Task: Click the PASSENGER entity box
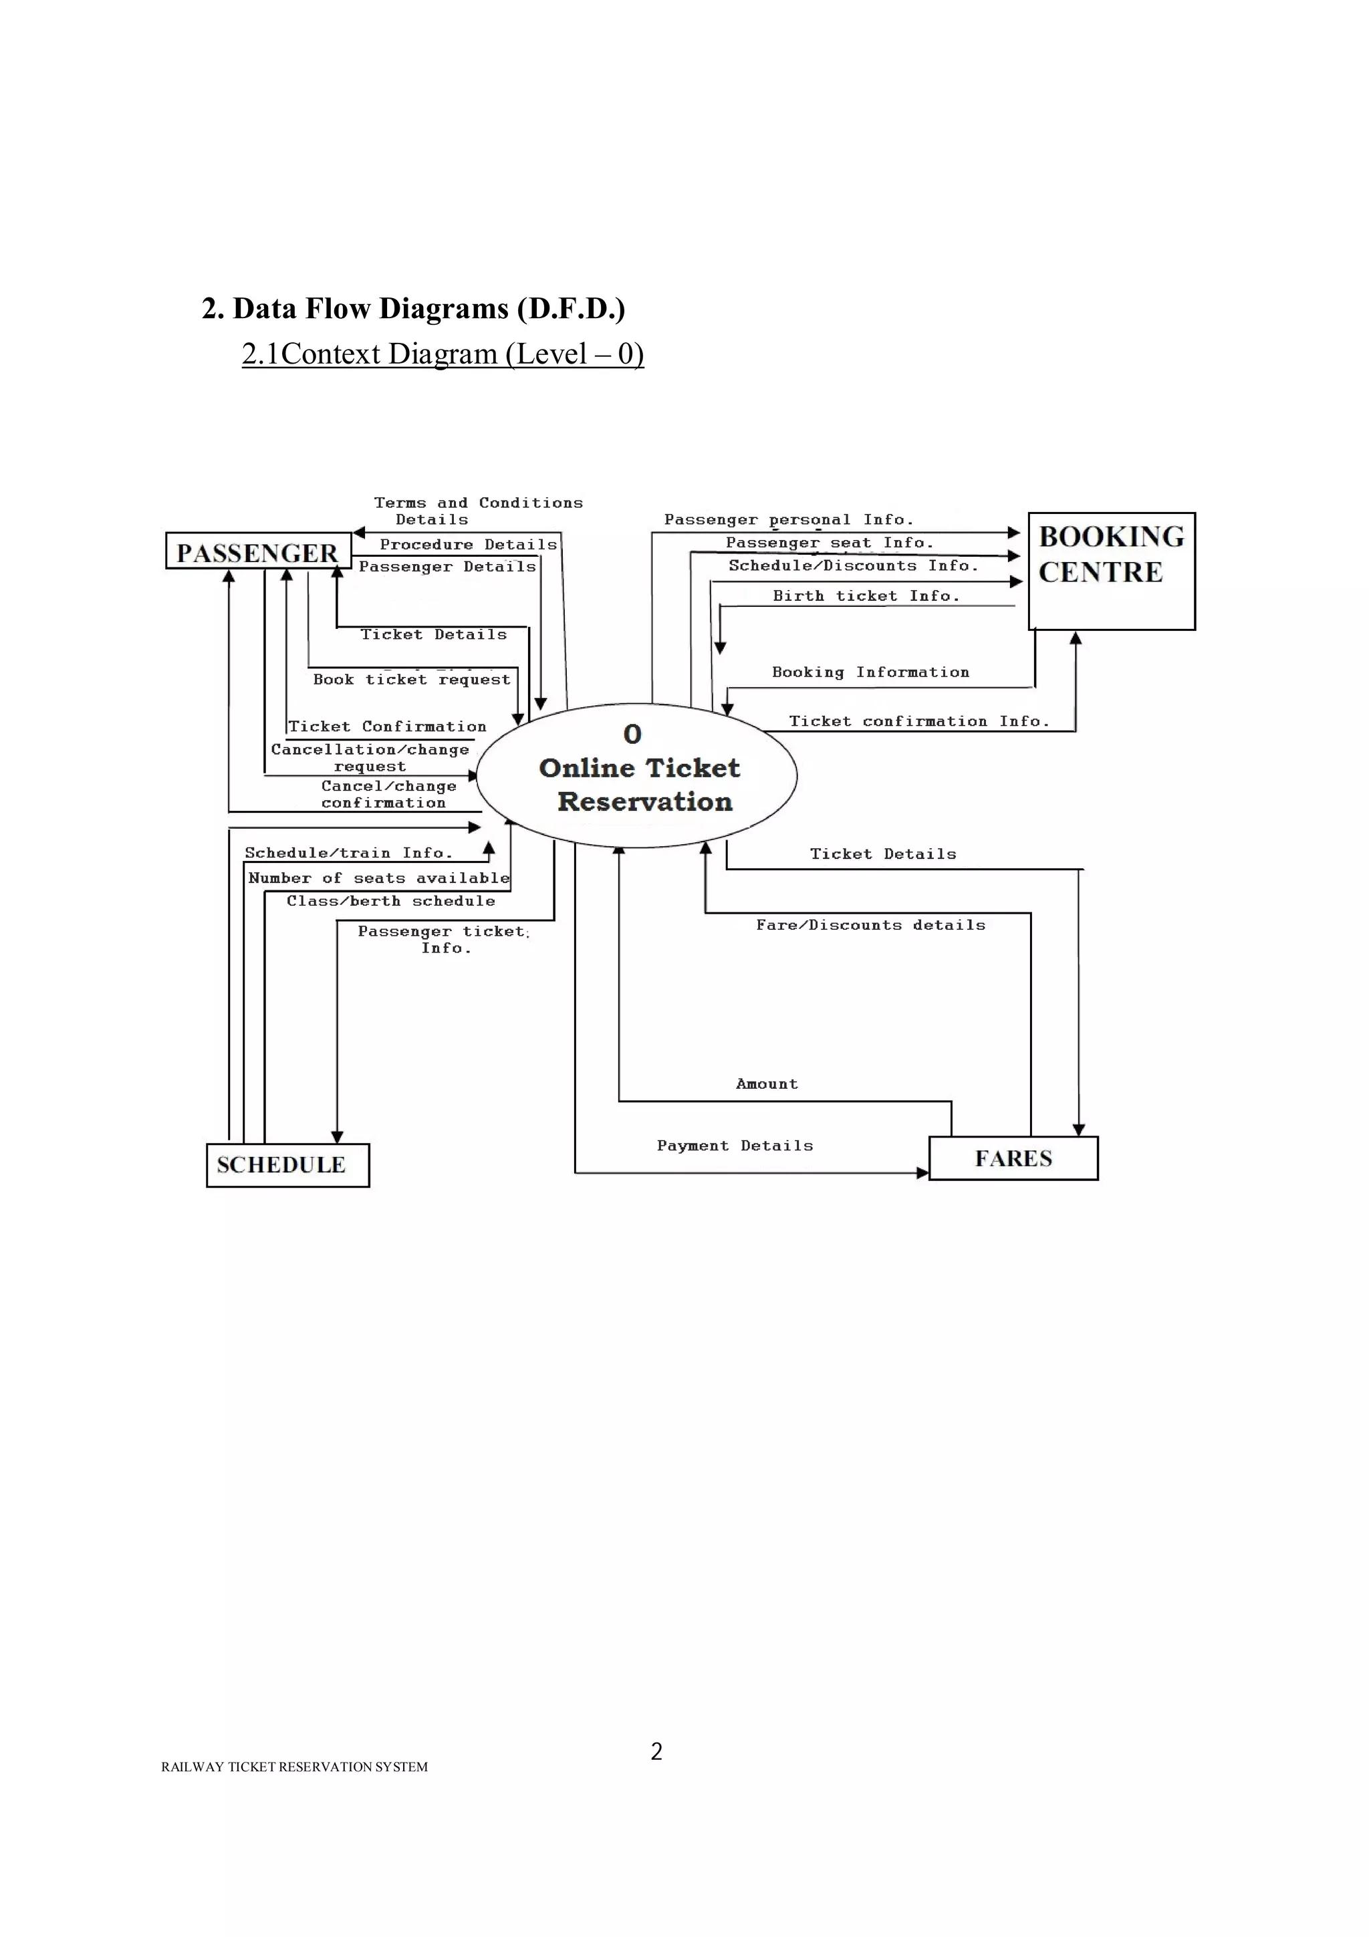(x=258, y=551)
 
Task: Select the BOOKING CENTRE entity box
(x=1111, y=571)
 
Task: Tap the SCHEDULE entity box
(x=287, y=1165)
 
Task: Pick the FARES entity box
(x=1013, y=1158)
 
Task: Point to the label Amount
(x=766, y=1084)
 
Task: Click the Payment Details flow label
(x=735, y=1146)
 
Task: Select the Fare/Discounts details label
(x=870, y=926)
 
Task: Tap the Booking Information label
(x=870, y=672)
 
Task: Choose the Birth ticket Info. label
(x=866, y=596)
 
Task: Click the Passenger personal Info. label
(x=788, y=520)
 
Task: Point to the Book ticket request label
(x=412, y=680)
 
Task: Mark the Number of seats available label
(x=379, y=878)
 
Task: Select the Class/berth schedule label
(x=390, y=901)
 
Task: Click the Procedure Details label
(x=468, y=545)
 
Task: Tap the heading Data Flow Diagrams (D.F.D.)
(x=413, y=309)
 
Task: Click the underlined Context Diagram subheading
(x=443, y=354)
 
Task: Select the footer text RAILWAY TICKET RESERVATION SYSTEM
(x=294, y=1767)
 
